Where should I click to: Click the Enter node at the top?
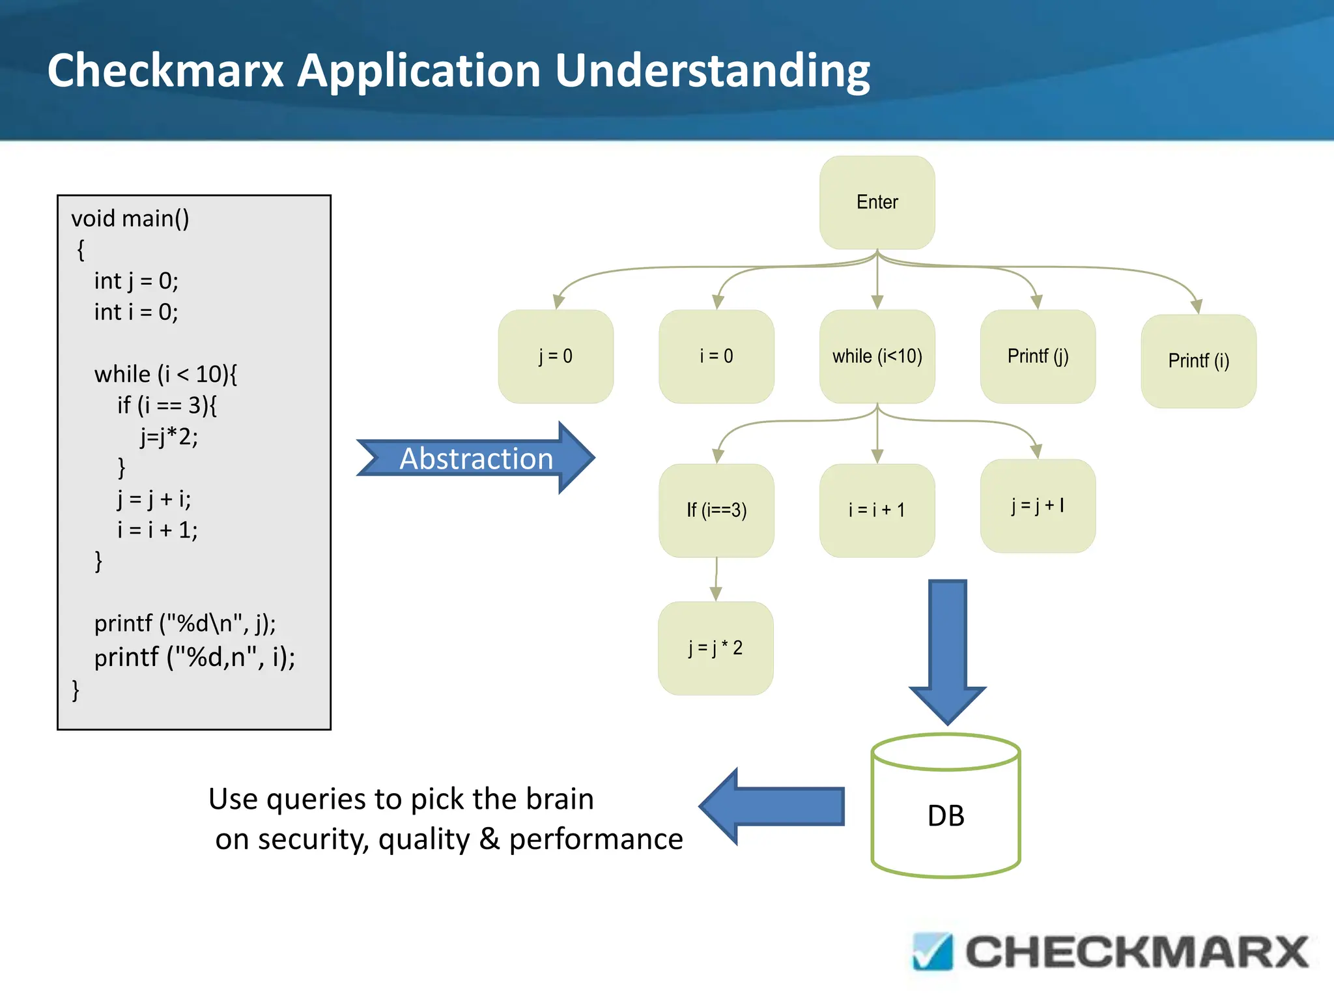[877, 202]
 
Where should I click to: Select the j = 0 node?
[556, 356]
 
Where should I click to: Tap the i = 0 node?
[716, 356]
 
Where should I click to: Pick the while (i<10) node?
[877, 356]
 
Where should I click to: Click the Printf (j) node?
[1038, 356]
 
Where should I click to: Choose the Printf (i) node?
[1199, 361]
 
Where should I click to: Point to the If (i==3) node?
[716, 510]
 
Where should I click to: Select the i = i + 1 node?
[877, 510]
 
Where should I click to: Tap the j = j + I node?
[1038, 506]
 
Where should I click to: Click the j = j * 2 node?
[715, 648]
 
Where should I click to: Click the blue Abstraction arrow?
[475, 458]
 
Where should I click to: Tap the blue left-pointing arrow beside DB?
[775, 806]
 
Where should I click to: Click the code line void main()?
[130, 218]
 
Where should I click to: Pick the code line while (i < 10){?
[165, 374]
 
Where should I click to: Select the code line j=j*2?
[169, 436]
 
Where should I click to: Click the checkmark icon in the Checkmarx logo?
[933, 951]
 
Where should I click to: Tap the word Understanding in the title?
[713, 70]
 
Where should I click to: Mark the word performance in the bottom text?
[595, 839]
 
